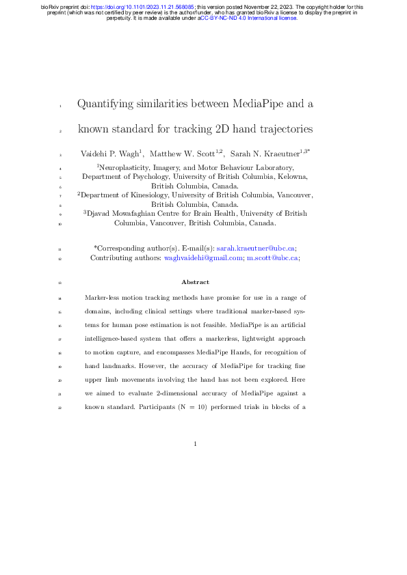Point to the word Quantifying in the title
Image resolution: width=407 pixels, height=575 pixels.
(x=111, y=104)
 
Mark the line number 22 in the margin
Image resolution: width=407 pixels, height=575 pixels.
(x=60, y=408)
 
